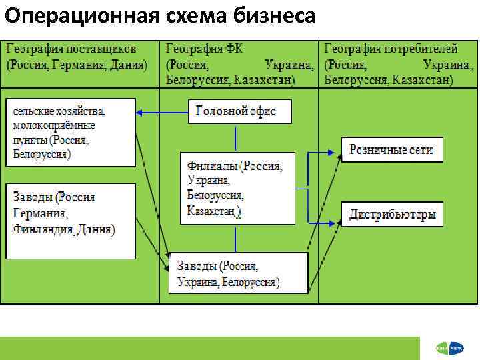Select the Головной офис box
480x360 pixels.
pyautogui.click(x=241, y=111)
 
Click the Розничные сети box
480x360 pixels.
pyautogui.click(x=391, y=149)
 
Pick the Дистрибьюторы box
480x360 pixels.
pyautogui.click(x=393, y=214)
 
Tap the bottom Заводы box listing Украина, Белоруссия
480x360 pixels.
pyautogui.click(x=238, y=273)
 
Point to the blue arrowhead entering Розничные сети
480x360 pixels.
pyautogui.click(x=338, y=151)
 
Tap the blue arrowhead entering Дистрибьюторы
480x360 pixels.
pyautogui.click(x=338, y=215)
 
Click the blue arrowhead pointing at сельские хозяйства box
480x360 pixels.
pyautogui.click(x=141, y=112)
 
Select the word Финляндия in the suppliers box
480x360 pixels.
pyautogui.click(x=43, y=230)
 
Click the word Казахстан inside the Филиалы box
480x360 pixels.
pyautogui.click(x=212, y=211)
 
